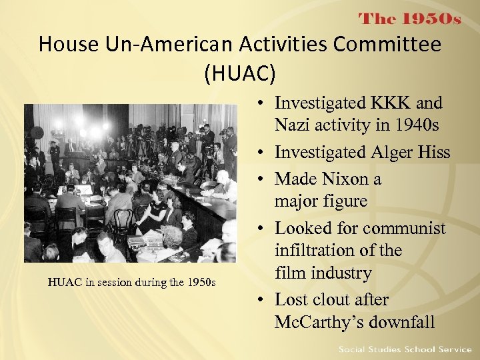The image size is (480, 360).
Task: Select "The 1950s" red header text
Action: (x=410, y=19)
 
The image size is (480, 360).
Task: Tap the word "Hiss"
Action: (x=434, y=152)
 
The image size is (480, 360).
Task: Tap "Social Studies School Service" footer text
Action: (x=405, y=349)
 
